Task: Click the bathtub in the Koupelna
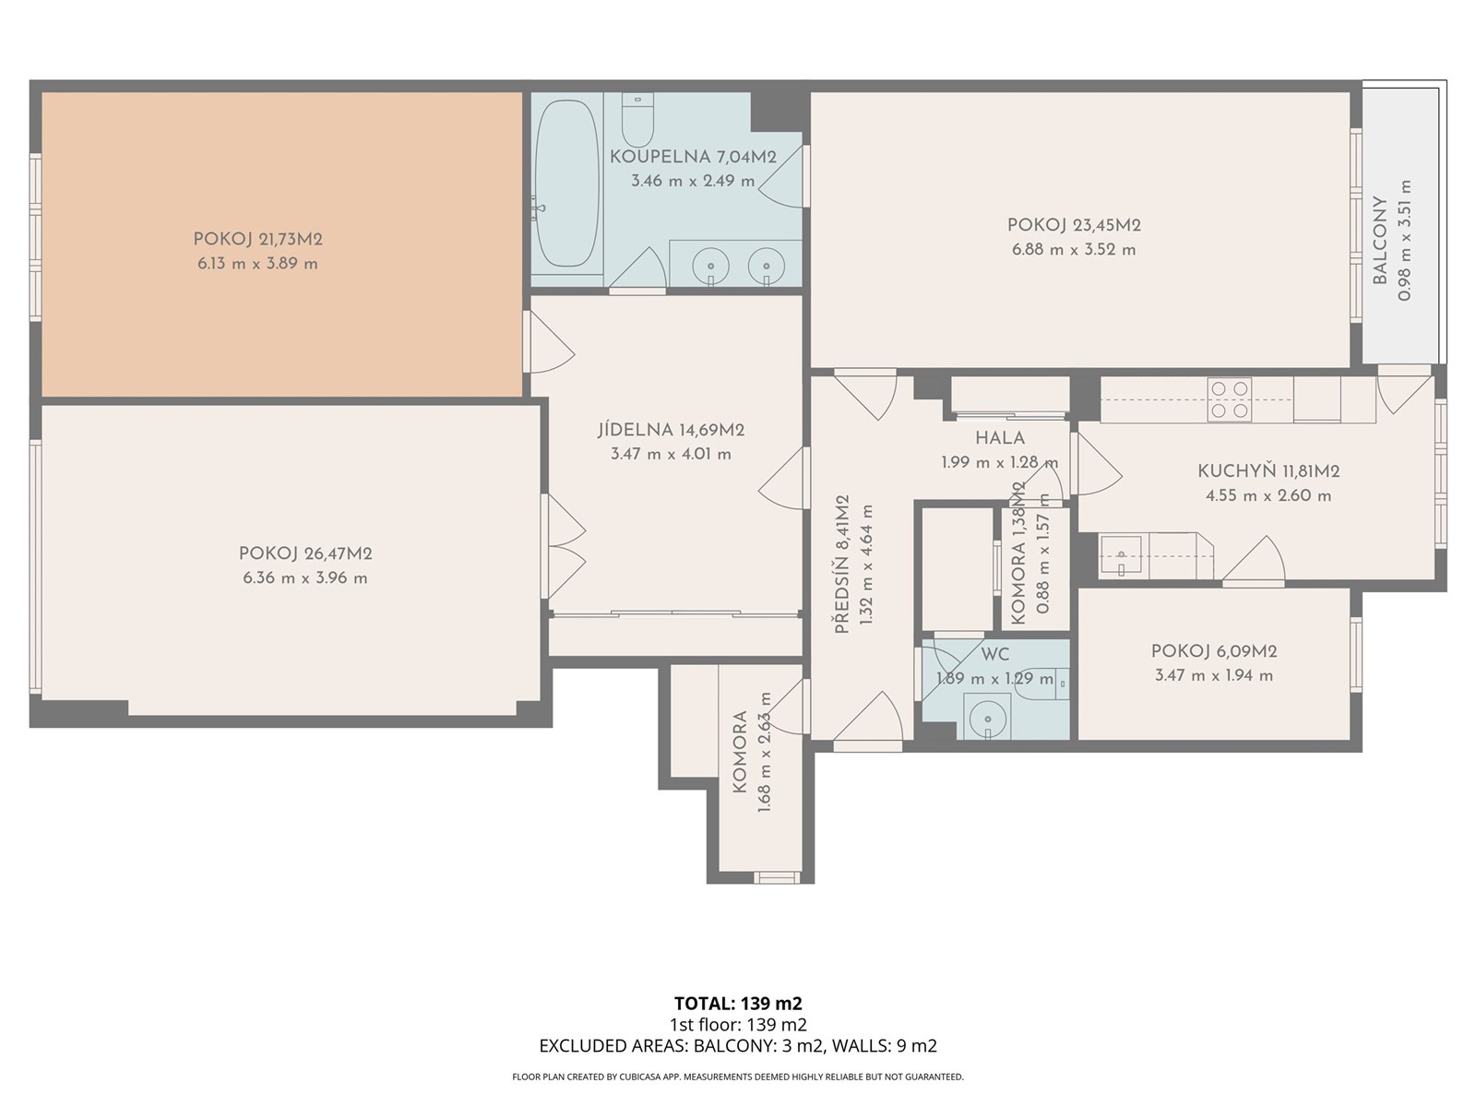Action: tap(565, 183)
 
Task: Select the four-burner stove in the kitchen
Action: tap(1229, 399)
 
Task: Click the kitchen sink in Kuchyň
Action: tap(1120, 556)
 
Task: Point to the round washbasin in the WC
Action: tap(987, 717)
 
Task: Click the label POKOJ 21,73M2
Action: tap(257, 239)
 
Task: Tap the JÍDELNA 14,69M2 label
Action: tap(671, 430)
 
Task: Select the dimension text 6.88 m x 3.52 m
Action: tap(1074, 250)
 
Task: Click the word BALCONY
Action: tap(1380, 240)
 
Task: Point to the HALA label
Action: tap(1000, 438)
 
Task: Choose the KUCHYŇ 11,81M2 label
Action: tap(1268, 471)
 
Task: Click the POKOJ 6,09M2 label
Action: tap(1214, 651)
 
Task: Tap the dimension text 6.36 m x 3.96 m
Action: tap(305, 578)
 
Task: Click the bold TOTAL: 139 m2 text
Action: tap(738, 1004)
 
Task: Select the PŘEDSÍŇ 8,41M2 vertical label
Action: tap(842, 565)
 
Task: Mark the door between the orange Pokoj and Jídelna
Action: tap(548, 341)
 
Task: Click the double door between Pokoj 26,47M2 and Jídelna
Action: tap(564, 546)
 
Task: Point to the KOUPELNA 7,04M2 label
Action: tap(693, 157)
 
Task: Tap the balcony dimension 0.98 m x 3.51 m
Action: tap(1404, 240)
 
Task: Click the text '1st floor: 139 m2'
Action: tap(738, 1024)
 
